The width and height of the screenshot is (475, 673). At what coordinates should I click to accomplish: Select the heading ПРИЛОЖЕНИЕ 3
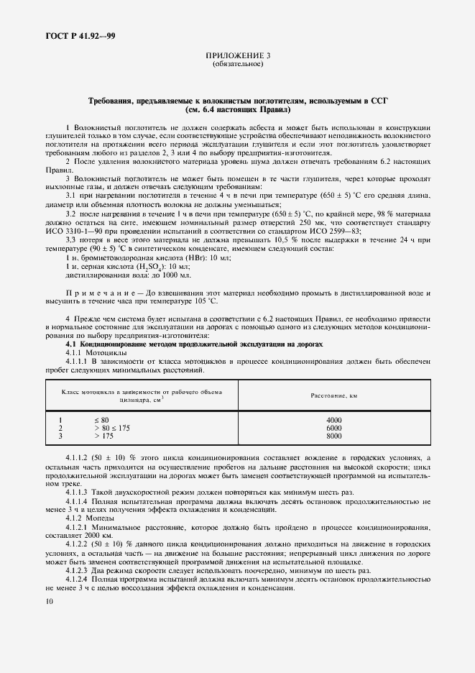238,55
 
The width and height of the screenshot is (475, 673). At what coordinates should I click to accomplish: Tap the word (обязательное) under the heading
238,64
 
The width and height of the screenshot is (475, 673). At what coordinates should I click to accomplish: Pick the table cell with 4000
334,420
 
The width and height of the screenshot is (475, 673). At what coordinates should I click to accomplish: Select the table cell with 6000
334,428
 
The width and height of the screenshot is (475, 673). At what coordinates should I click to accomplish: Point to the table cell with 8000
334,436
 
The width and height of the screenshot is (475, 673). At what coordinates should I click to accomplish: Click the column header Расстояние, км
334,396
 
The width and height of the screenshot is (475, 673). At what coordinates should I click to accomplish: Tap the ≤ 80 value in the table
101,420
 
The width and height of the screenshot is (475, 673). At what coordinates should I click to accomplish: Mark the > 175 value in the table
103,436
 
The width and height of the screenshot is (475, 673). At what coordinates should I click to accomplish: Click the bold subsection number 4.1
72,344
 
